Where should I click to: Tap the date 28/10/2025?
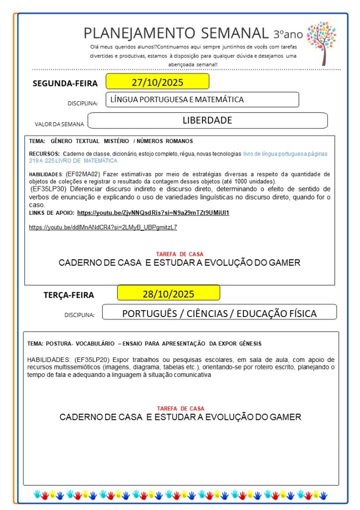point(168,293)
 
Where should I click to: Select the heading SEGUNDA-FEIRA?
point(65,83)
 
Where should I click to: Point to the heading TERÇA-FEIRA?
point(69,295)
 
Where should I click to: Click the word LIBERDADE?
point(207,120)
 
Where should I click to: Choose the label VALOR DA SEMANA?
point(59,124)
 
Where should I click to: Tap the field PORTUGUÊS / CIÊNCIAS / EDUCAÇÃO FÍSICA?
point(219,314)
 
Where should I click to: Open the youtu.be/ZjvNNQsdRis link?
point(153,213)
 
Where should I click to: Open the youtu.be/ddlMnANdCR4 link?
point(103,227)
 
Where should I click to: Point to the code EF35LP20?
point(93,359)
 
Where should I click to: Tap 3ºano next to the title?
point(288,34)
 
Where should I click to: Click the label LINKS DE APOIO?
point(52,213)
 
